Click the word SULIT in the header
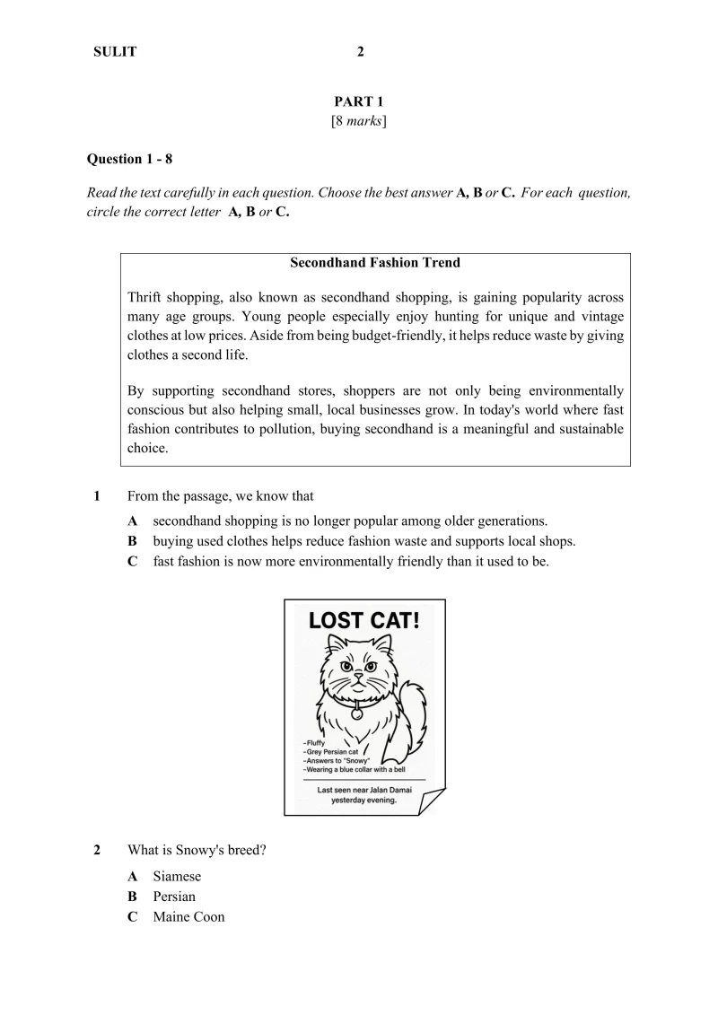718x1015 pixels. click(x=115, y=52)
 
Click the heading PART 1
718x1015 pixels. click(x=359, y=102)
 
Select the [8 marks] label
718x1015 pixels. click(x=359, y=120)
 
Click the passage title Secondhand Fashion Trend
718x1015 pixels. click(x=375, y=263)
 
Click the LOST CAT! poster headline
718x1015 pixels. click(x=364, y=619)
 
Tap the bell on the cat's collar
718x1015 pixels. click(x=357, y=714)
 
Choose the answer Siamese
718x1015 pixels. click(x=177, y=876)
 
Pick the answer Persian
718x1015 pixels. click(x=174, y=897)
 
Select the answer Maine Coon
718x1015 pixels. click(x=188, y=917)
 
